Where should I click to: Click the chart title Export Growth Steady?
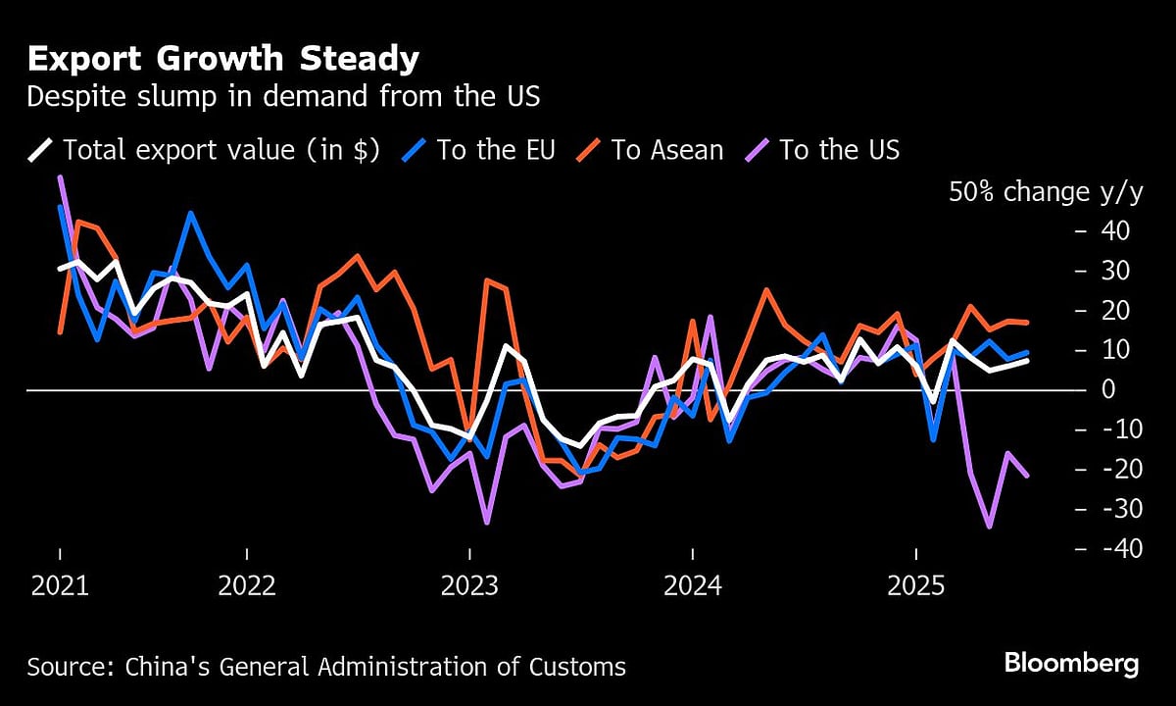pyautogui.click(x=222, y=60)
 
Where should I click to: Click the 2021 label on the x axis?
pyautogui.click(x=59, y=586)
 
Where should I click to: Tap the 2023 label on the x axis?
pyautogui.click(x=470, y=586)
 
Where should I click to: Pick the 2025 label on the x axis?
pyautogui.click(x=914, y=586)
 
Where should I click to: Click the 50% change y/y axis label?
pyautogui.click(x=1045, y=192)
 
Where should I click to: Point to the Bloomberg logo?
pyautogui.click(x=1071, y=663)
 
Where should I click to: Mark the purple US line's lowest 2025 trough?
pyautogui.click(x=989, y=527)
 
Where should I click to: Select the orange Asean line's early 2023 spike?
pyautogui.click(x=487, y=280)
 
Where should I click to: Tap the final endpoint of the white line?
pyautogui.click(x=1026, y=361)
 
